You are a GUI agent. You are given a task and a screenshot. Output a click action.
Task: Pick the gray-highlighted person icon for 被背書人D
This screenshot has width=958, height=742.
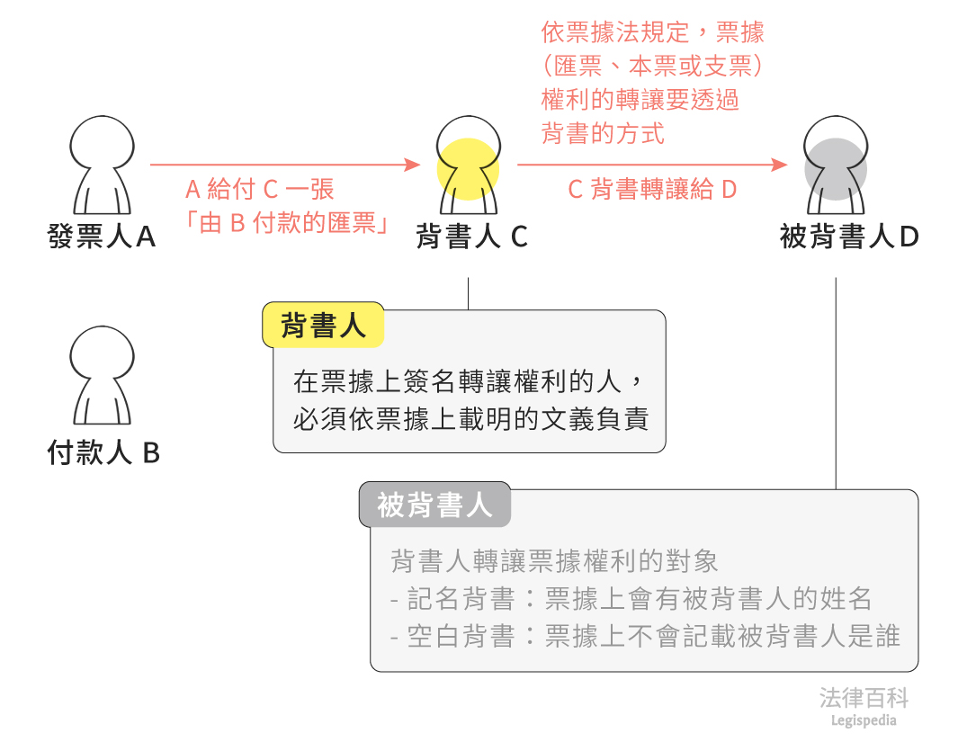837,162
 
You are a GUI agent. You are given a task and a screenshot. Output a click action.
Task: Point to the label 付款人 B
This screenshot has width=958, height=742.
103,452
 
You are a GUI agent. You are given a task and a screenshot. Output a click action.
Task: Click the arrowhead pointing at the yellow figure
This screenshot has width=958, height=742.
413,165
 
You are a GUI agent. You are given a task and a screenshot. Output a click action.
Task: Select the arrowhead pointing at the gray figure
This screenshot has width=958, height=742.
780,165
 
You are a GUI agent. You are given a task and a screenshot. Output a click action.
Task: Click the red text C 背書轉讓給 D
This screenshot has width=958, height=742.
652,190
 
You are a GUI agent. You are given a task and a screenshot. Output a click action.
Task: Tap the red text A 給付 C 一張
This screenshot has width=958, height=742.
259,190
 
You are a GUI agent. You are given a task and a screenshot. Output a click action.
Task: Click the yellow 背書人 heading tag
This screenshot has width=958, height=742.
323,326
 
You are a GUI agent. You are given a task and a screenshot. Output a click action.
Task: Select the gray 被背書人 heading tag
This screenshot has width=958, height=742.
434,505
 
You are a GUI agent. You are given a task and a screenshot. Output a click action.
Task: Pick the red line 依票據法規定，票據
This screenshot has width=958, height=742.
652,33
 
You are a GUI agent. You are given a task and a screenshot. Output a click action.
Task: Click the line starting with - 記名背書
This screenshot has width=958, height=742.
631,598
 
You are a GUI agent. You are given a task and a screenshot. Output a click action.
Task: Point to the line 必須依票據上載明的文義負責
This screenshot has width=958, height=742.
470,419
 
